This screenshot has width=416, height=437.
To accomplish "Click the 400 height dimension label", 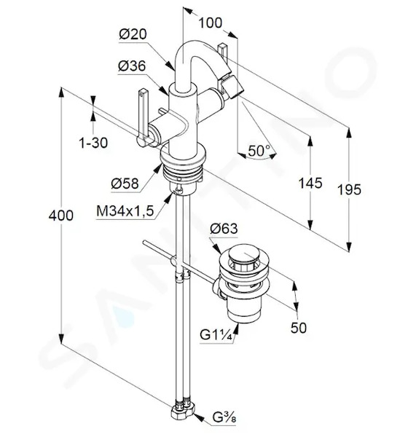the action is (x=61, y=216).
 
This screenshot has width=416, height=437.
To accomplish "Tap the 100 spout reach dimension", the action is (x=211, y=23).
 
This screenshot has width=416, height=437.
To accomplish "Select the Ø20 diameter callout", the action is (x=133, y=34).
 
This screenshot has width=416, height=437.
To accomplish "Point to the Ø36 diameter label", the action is (x=132, y=66).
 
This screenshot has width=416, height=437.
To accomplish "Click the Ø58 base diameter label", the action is (x=125, y=184).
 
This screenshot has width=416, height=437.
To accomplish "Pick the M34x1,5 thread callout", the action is (x=125, y=211).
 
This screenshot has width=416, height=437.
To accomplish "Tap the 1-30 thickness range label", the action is (x=93, y=143).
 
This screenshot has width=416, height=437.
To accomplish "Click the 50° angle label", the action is (x=259, y=151).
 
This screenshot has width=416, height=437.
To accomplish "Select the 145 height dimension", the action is (x=310, y=183).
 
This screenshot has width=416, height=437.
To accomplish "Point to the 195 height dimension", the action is (x=349, y=189).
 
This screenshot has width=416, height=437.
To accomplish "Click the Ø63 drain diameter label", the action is (x=224, y=229).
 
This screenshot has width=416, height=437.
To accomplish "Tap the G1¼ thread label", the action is (x=216, y=335).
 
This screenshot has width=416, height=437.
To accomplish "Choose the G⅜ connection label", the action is (x=224, y=418).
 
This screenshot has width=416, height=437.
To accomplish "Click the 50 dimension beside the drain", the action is (x=298, y=328).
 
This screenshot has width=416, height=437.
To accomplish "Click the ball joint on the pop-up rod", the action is (x=173, y=261).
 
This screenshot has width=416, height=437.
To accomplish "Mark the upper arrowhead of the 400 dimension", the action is (x=60, y=92).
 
